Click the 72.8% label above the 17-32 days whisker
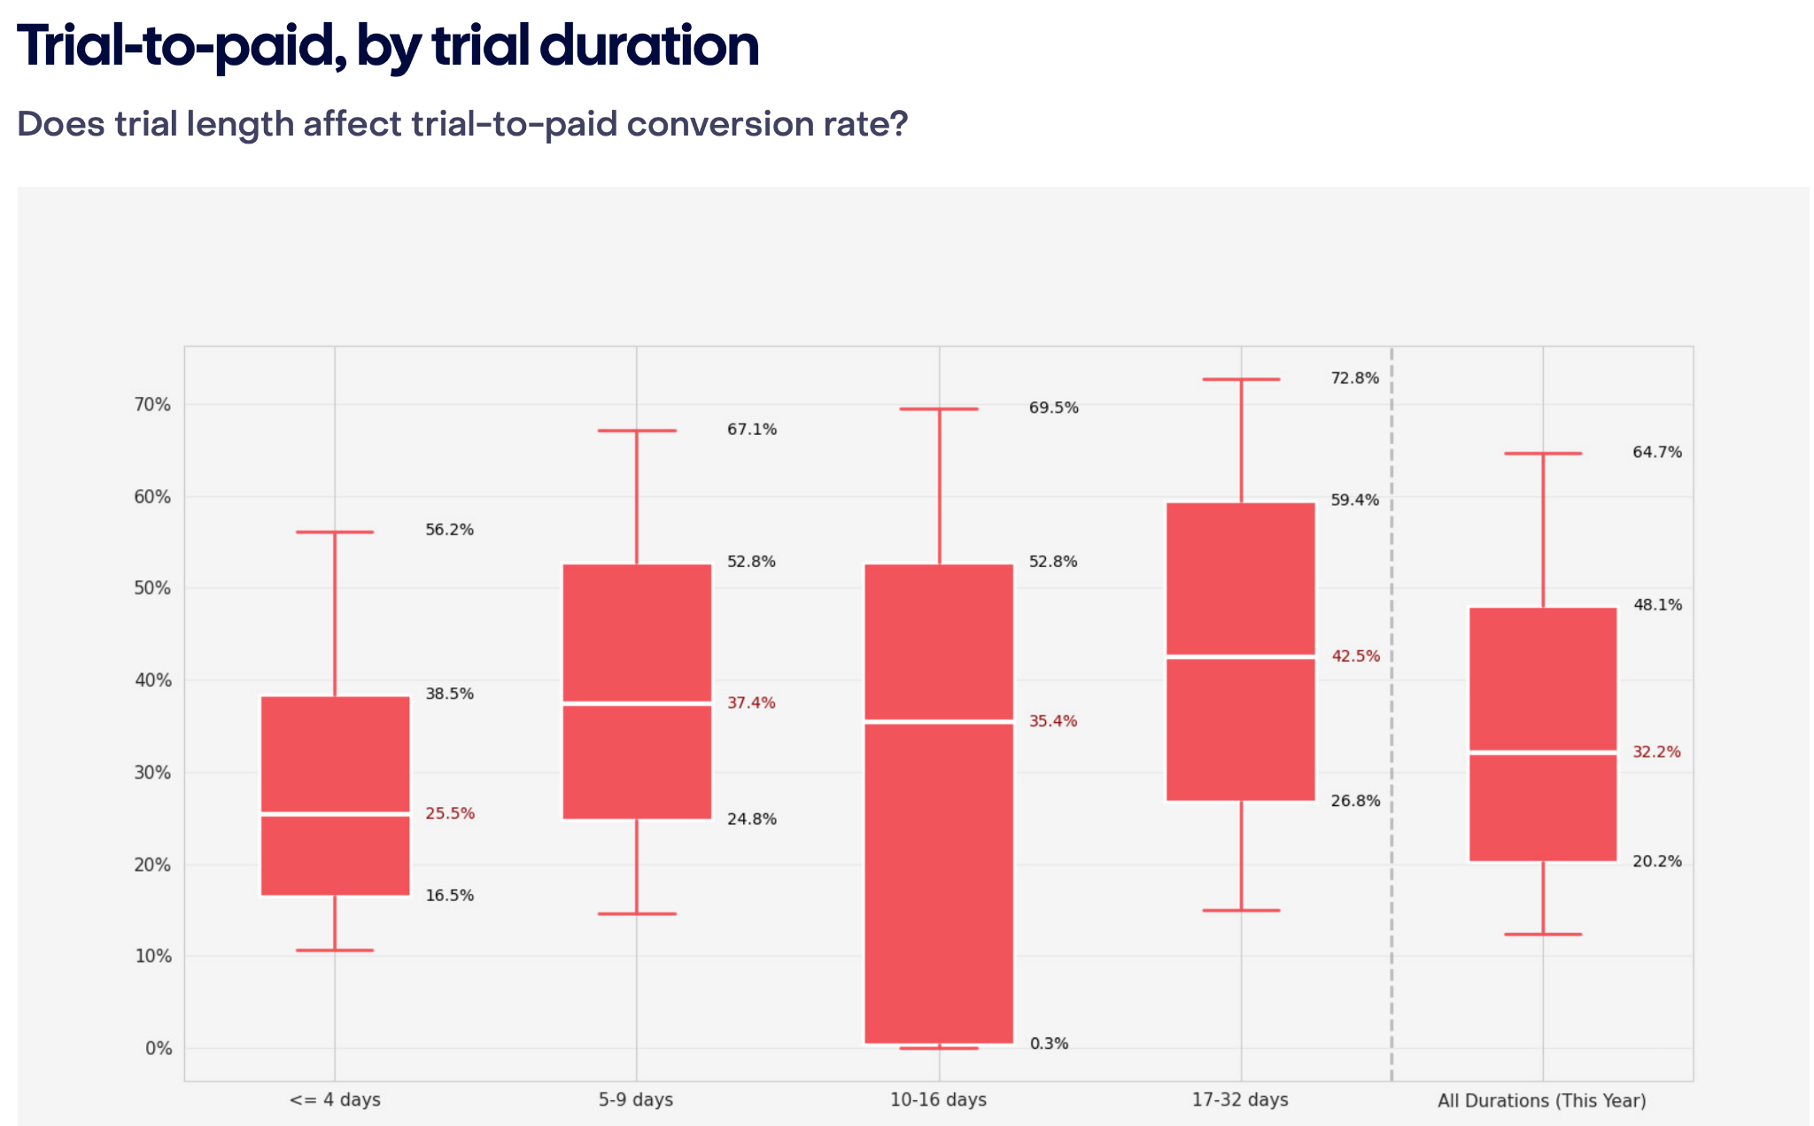[1354, 378]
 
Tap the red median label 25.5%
[450, 813]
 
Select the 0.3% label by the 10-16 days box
[1049, 1044]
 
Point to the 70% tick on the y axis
[151, 405]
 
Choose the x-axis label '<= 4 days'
[335, 1100]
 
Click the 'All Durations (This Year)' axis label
[1541, 1101]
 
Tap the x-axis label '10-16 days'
[938, 1100]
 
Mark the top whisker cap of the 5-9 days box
[637, 431]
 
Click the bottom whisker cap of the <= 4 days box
[335, 951]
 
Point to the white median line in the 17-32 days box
[1241, 656]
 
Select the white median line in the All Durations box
[1543, 752]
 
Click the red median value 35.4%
[1053, 721]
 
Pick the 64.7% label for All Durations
[1656, 453]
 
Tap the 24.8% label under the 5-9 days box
[751, 819]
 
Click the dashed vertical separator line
[1392, 709]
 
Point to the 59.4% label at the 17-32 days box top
[1354, 501]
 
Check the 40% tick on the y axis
[151, 680]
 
